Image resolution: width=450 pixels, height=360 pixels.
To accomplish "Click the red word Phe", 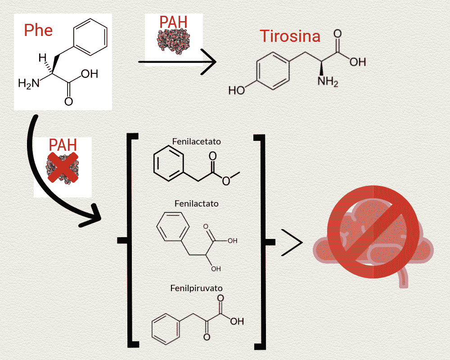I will (x=38, y=30).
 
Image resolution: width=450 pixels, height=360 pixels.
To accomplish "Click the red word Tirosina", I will (x=290, y=36).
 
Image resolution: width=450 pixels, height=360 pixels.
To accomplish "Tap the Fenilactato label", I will (x=197, y=203).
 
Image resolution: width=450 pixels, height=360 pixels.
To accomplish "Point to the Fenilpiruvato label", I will (x=197, y=288).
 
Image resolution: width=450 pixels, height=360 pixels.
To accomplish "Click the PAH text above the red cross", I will (x=63, y=145).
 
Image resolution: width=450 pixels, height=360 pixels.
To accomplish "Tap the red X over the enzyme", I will (x=63, y=167).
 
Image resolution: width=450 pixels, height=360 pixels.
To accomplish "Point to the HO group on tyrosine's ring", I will (x=237, y=90).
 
